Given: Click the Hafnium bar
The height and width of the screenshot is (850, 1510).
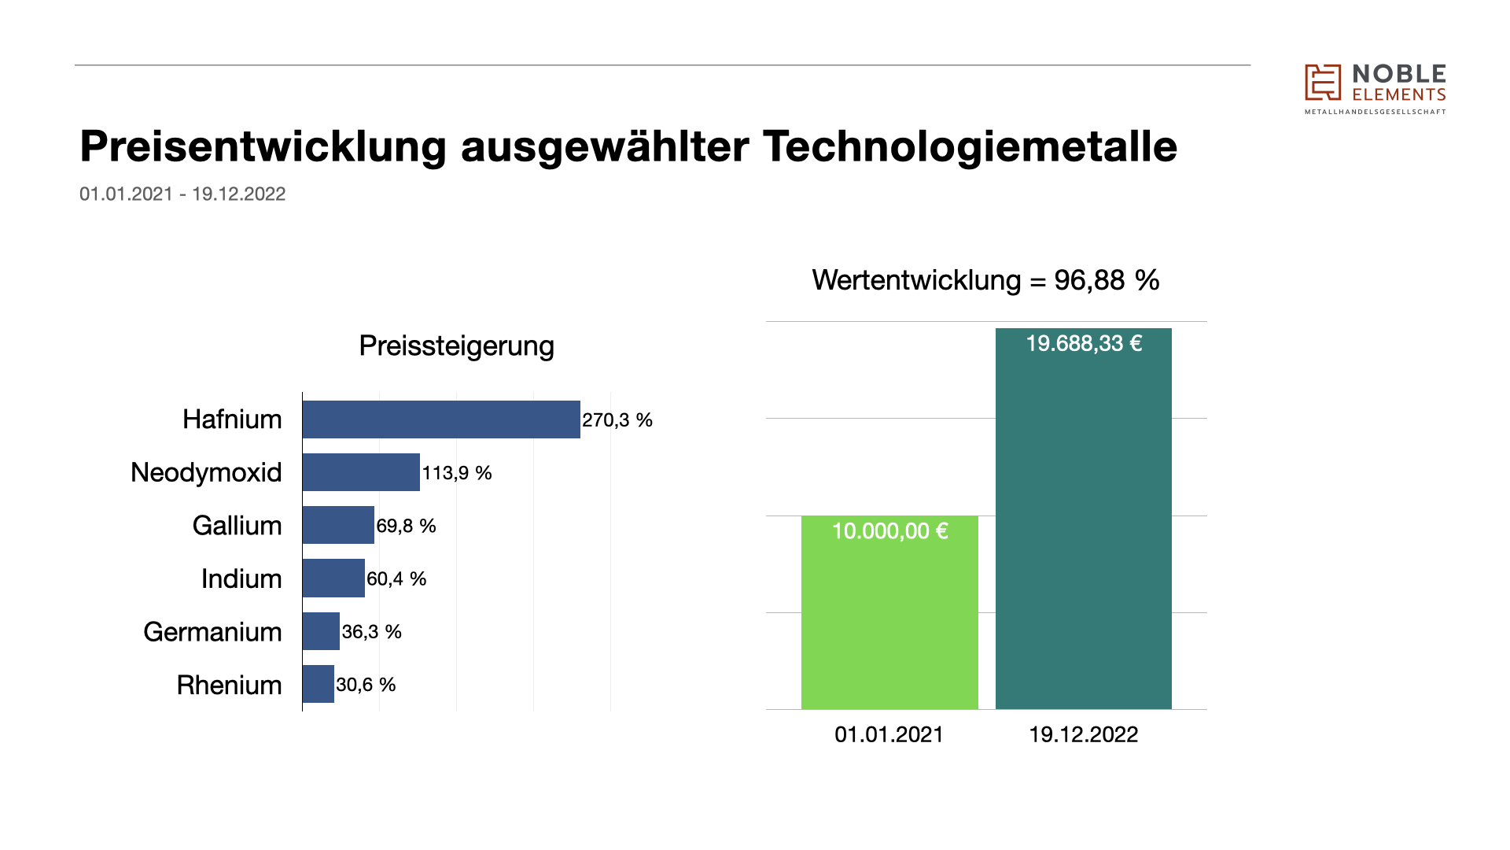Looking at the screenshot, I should click(440, 419).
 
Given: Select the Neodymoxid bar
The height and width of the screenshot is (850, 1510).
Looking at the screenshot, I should click(361, 472).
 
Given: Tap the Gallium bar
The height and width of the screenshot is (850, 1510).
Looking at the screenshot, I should click(338, 525).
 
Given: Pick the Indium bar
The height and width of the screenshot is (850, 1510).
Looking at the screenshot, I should click(333, 578).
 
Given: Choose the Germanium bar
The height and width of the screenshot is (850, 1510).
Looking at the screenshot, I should click(321, 631).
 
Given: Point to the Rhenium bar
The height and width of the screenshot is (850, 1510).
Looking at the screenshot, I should click(318, 684).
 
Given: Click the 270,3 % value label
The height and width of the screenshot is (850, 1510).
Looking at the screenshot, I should click(617, 420).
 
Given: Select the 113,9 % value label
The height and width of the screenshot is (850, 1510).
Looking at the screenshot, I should click(457, 473).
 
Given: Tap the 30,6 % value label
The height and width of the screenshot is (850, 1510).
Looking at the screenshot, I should click(366, 685).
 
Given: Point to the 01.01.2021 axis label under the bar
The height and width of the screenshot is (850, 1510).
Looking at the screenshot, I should click(889, 734).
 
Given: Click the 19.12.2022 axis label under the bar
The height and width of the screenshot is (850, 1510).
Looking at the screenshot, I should click(1083, 734).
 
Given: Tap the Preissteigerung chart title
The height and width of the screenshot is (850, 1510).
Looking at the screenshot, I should click(456, 346).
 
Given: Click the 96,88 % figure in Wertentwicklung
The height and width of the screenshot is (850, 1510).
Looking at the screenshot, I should click(1107, 280).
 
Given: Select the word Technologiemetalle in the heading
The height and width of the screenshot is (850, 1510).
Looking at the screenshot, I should click(970, 146).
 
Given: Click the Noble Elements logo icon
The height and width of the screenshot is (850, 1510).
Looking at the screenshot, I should click(1323, 83).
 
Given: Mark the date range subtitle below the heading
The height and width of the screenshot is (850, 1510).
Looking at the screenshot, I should click(182, 194).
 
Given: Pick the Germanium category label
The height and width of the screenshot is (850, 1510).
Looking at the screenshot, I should click(212, 632).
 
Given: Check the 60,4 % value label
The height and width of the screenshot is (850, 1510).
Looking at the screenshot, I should click(396, 579).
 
